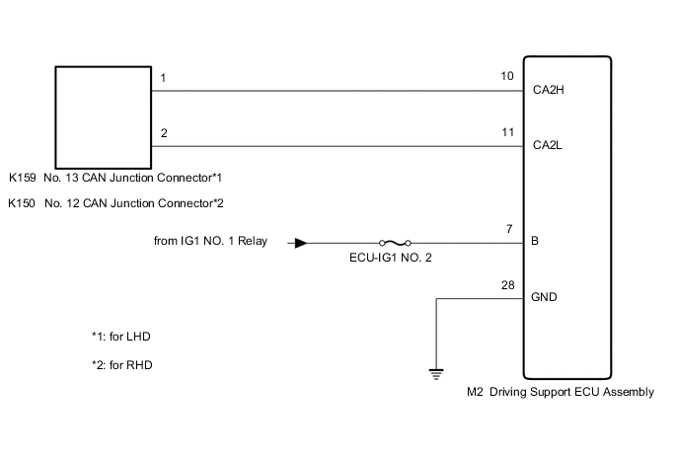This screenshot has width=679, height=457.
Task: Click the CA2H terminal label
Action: tap(548, 90)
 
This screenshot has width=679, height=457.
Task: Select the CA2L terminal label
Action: tap(548, 145)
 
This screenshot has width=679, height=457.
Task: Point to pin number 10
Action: tap(507, 76)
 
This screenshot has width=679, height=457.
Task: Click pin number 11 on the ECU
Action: tap(507, 131)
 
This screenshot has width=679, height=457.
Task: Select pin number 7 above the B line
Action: tap(510, 228)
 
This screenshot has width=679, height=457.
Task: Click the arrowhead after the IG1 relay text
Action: tap(301, 242)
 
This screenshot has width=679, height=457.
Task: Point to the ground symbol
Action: tap(435, 372)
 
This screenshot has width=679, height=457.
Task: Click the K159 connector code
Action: tap(22, 179)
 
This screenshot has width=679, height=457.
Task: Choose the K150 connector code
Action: tap(22, 204)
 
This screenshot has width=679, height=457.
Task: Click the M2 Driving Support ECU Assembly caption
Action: tap(560, 392)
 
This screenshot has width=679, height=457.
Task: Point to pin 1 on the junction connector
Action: tap(163, 76)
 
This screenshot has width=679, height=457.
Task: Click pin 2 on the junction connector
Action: tap(163, 131)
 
